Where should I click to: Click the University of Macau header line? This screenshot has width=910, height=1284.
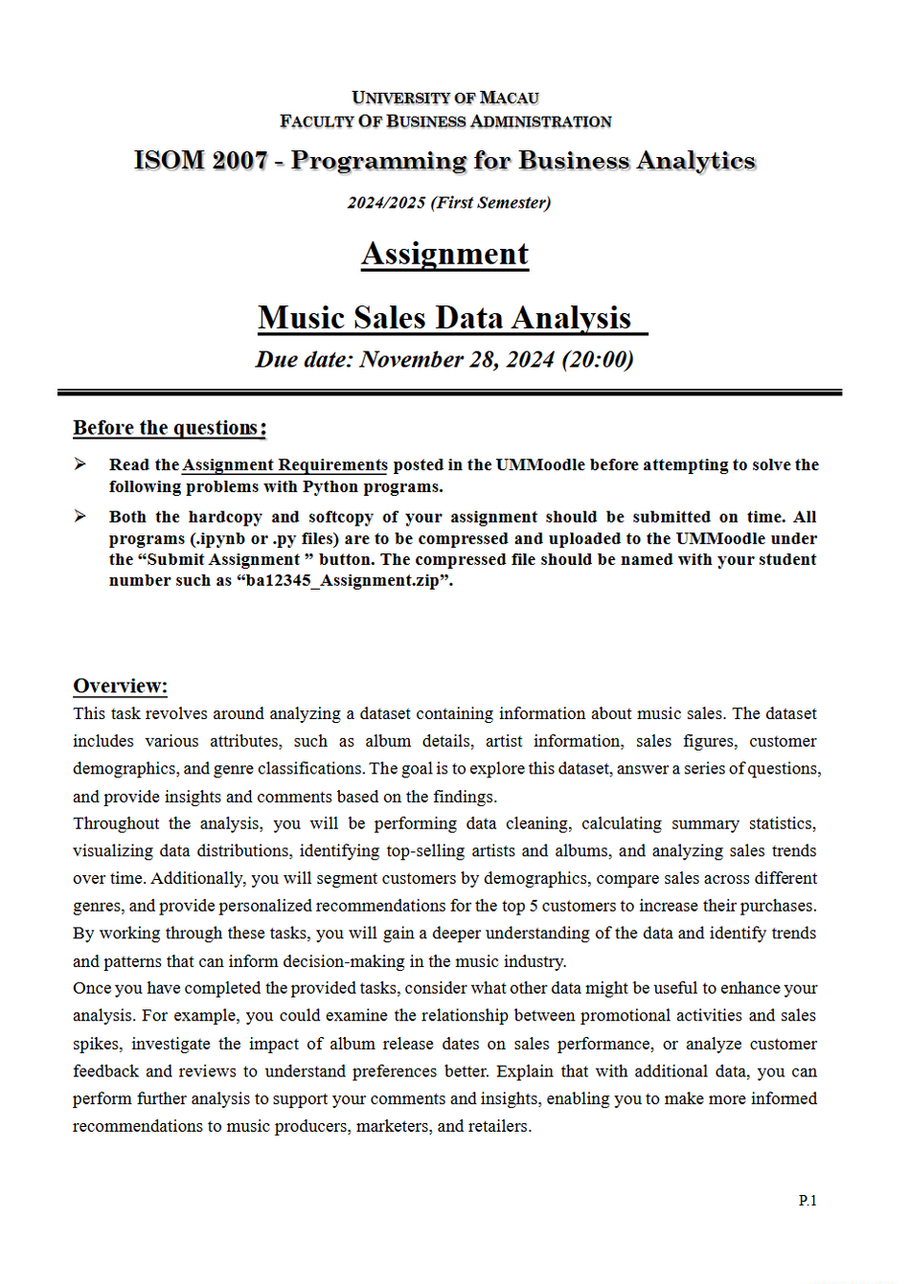(445, 98)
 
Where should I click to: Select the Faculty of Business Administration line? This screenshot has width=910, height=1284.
(445, 122)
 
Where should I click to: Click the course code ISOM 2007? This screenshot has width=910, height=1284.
(200, 160)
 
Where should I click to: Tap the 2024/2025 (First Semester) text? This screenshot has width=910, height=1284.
(448, 203)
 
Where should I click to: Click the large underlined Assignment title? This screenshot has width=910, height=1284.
(444, 254)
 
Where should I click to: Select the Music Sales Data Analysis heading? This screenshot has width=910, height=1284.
(444, 318)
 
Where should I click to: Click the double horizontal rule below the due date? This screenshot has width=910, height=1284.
(448, 393)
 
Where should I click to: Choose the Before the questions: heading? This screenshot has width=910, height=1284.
(170, 428)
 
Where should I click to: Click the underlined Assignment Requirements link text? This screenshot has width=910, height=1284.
(284, 465)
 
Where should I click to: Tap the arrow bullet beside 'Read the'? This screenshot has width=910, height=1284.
(80, 464)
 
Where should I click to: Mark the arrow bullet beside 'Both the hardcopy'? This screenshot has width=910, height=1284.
(80, 516)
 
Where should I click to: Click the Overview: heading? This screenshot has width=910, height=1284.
(120, 687)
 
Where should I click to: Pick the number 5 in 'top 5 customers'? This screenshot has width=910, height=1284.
(534, 906)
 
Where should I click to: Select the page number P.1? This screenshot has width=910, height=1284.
(808, 1201)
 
